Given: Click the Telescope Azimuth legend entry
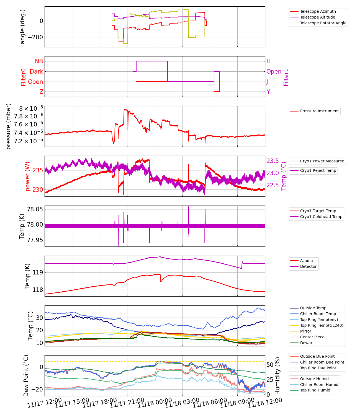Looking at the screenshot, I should click(x=318, y=11).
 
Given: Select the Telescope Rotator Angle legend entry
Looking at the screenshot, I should click(x=323, y=23).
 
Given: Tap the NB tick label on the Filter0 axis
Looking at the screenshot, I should click(x=39, y=61).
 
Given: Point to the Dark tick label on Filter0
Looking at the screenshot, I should click(x=37, y=71).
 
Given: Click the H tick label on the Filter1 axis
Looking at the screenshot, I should click(x=268, y=61).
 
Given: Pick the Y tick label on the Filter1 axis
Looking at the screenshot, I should click(x=268, y=92).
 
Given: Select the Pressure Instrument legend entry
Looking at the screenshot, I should click(x=319, y=111).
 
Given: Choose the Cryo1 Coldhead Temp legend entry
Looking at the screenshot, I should click(x=321, y=217).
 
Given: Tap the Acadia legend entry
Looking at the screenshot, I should click(x=306, y=261).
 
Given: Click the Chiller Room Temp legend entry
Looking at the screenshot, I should click(x=318, y=314).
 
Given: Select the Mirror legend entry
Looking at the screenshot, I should click(x=306, y=331).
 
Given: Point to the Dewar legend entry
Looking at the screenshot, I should click(x=306, y=343).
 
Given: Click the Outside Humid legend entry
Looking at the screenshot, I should click(x=314, y=379).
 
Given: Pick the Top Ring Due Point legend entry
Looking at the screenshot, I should click(x=318, y=368).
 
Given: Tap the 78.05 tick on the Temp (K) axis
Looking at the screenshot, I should click(x=35, y=209).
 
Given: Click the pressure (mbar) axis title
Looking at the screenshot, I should click(x=9, y=126).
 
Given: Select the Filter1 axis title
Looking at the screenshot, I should click(x=286, y=77).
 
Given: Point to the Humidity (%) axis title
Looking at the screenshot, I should click(x=278, y=375).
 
